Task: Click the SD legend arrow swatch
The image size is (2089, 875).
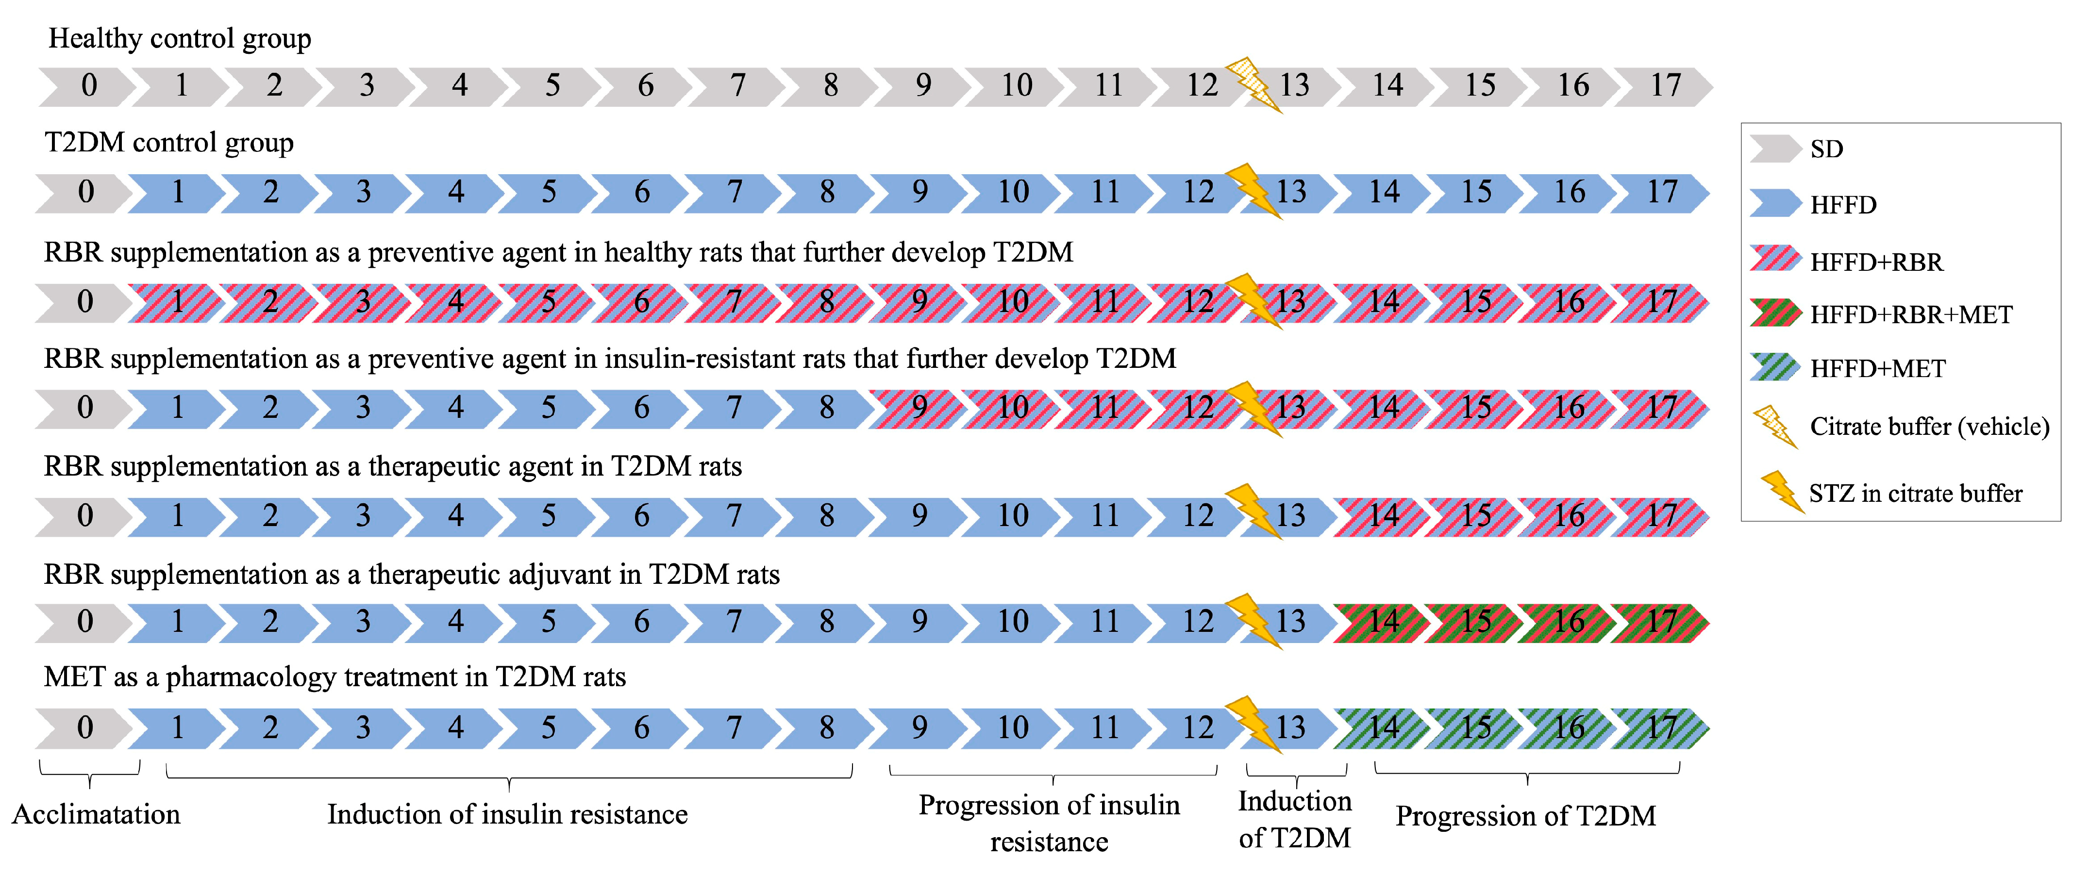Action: (x=1773, y=149)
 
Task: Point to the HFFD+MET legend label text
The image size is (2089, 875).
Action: (x=1877, y=369)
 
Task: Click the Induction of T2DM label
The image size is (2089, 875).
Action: (x=1294, y=819)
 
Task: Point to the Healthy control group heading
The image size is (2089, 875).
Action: (x=180, y=38)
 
